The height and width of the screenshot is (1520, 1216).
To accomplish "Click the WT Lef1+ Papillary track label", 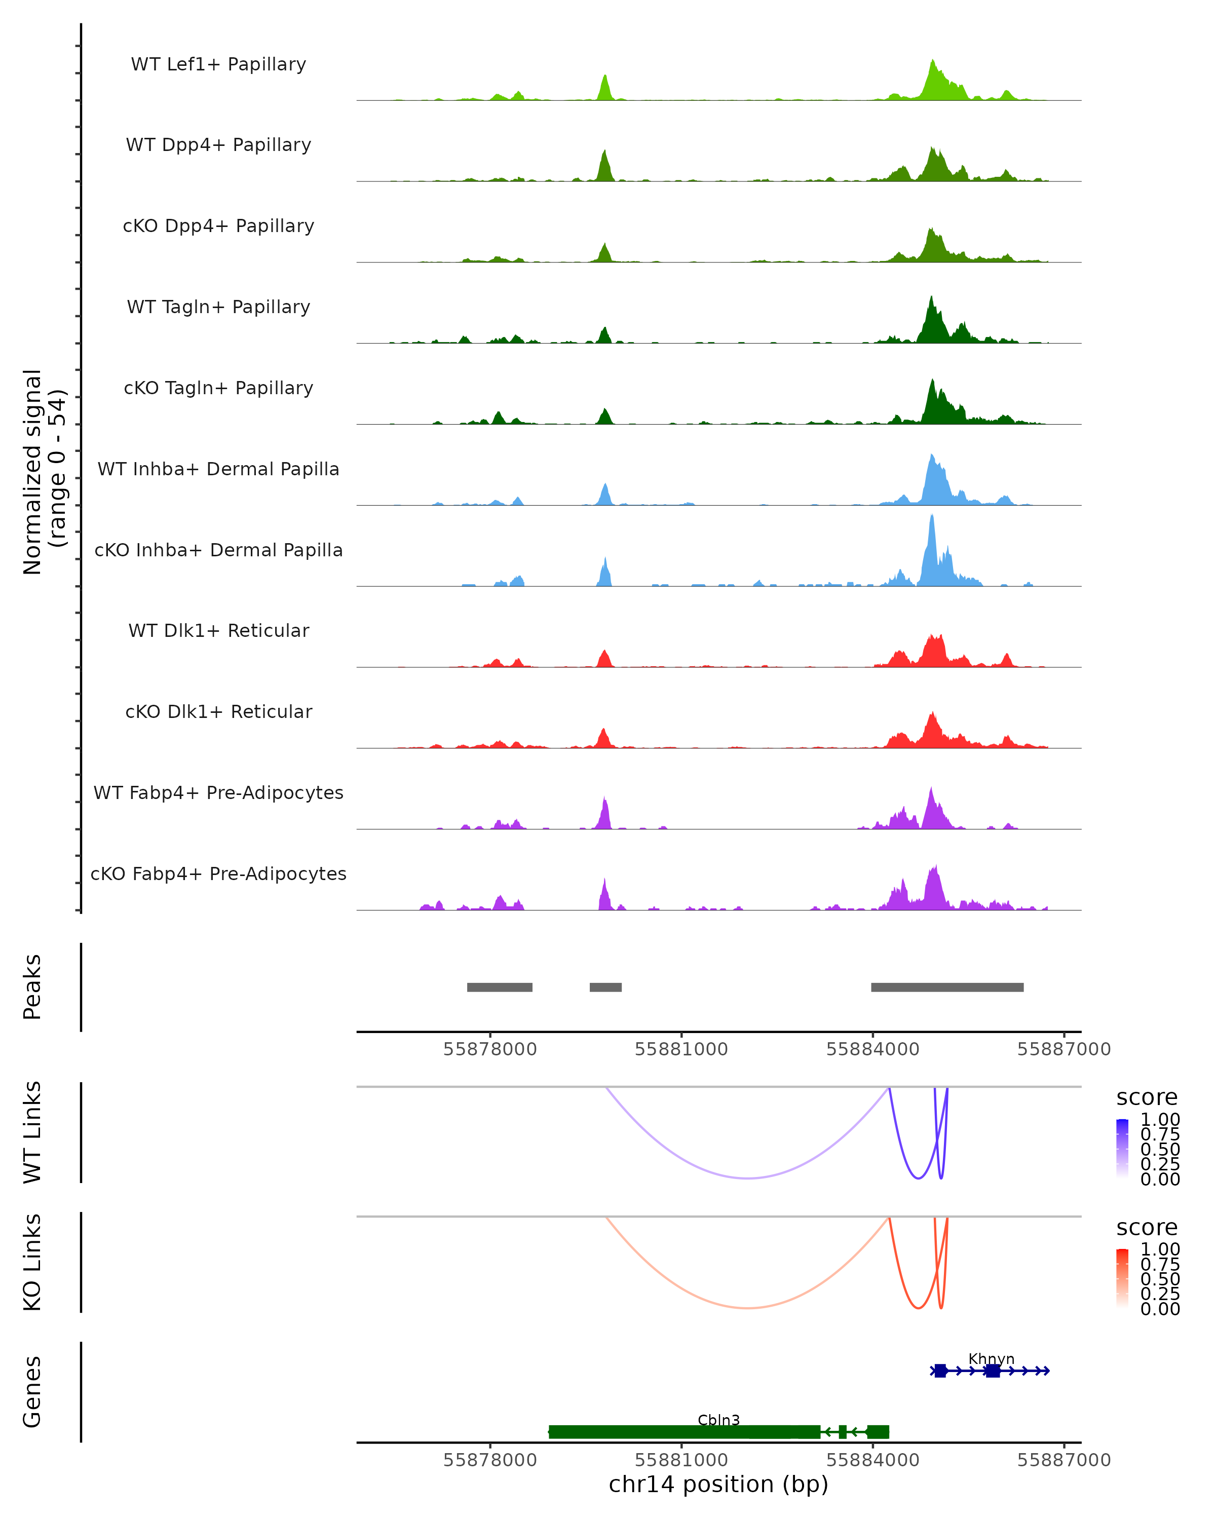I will click(218, 64).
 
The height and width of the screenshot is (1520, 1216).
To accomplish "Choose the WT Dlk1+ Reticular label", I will click(218, 630).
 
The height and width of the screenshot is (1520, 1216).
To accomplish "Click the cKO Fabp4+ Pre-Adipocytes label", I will click(218, 873).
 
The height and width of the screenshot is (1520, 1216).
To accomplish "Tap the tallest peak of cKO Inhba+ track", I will click(932, 518).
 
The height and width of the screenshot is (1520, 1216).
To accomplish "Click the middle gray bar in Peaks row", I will click(605, 987).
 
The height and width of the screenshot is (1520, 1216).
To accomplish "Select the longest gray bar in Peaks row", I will click(947, 987).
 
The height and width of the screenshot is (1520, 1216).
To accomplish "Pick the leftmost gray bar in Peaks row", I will click(499, 987).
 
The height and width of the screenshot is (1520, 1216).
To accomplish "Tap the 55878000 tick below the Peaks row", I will click(490, 1049).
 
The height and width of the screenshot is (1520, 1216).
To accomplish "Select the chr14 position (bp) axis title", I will click(718, 1484).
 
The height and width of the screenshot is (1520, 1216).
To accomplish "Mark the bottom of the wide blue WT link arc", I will click(748, 1178).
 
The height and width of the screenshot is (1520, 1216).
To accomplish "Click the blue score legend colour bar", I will click(1122, 1149).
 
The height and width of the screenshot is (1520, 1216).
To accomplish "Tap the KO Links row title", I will click(32, 1262).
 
